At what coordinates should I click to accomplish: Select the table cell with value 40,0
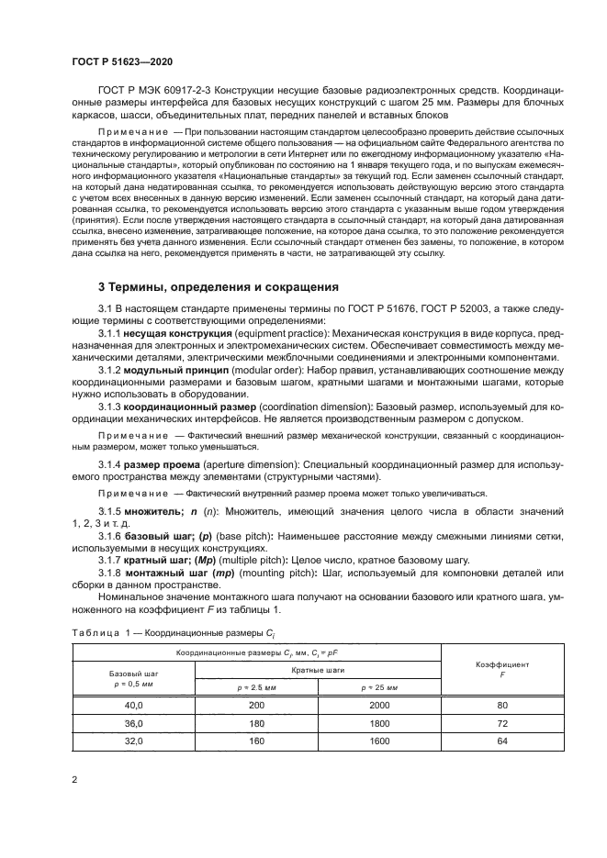pyautogui.click(x=134, y=705)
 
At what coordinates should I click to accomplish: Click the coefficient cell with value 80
pyautogui.click(x=502, y=705)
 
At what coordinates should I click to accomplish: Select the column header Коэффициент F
pyautogui.click(x=502, y=667)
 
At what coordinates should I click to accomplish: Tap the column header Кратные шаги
pyautogui.click(x=318, y=670)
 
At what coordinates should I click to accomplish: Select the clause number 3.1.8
pyautogui.click(x=110, y=574)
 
